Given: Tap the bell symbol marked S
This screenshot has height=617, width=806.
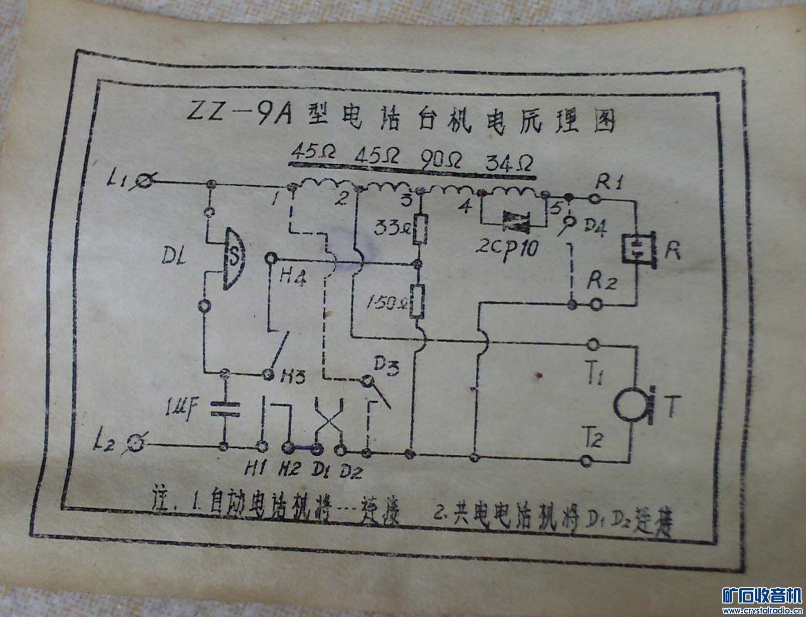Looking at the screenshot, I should [234, 259].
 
